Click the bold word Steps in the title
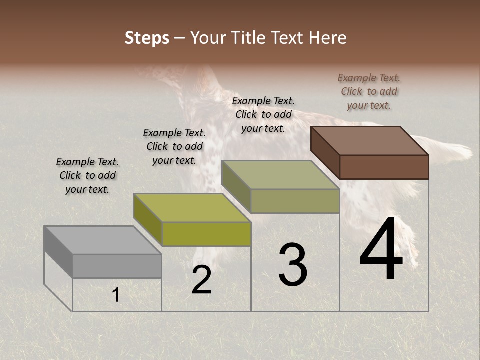147,38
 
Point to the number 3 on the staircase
293,265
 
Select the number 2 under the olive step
201,280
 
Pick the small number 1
115,295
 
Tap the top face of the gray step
102,240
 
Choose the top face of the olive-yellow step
192,208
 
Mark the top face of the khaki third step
280,175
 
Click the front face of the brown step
384,167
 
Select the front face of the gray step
117,266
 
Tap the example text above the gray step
87,176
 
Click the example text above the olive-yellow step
174,146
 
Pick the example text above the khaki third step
263,114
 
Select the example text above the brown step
369,91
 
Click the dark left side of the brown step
325,152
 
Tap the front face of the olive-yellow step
206,234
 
